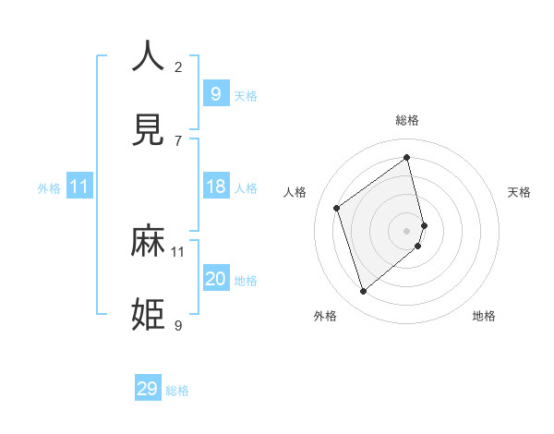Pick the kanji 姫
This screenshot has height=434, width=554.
coord(148,315)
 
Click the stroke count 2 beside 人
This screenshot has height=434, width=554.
coord(178,66)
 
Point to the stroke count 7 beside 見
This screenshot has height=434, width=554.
coord(178,140)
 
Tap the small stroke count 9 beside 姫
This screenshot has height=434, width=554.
coord(178,325)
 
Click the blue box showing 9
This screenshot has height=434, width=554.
coord(215,93)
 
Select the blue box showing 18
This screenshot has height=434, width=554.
coord(215,187)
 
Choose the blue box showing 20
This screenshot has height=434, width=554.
coord(215,279)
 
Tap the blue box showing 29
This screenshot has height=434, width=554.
coord(148,388)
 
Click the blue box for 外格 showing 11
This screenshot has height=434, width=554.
coord(79,187)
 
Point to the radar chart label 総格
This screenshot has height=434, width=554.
coord(407,120)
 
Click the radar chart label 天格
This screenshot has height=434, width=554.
coord(520,192)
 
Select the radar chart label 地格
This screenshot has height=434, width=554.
coord(484,316)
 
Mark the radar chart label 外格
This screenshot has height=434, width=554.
coord(325,316)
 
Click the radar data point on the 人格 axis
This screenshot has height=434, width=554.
coord(337,208)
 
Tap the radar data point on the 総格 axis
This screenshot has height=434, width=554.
coord(407,158)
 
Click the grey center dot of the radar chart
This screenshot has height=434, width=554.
coord(407,230)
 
